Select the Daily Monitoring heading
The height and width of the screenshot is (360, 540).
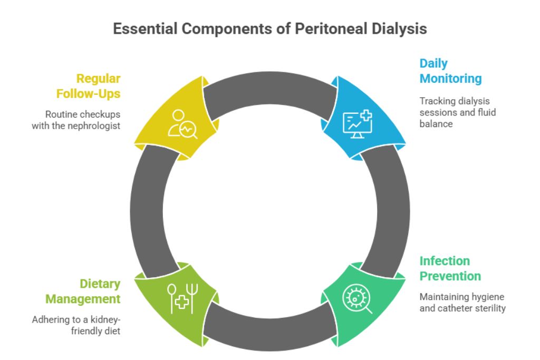(x=450, y=71)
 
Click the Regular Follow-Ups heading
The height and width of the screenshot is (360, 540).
(x=91, y=86)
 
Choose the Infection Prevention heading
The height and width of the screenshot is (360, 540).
(x=450, y=268)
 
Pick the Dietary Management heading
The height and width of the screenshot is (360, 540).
(x=83, y=291)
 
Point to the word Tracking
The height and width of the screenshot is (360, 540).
(x=435, y=101)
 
